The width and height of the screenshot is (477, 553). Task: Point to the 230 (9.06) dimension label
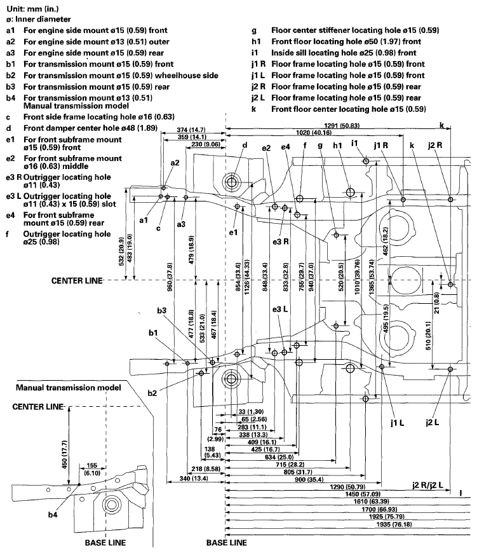(205, 144)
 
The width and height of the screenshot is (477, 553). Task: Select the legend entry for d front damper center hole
(89, 127)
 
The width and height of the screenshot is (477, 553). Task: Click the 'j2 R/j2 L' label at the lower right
(430, 485)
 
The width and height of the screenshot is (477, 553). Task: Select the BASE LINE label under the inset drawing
(105, 543)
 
